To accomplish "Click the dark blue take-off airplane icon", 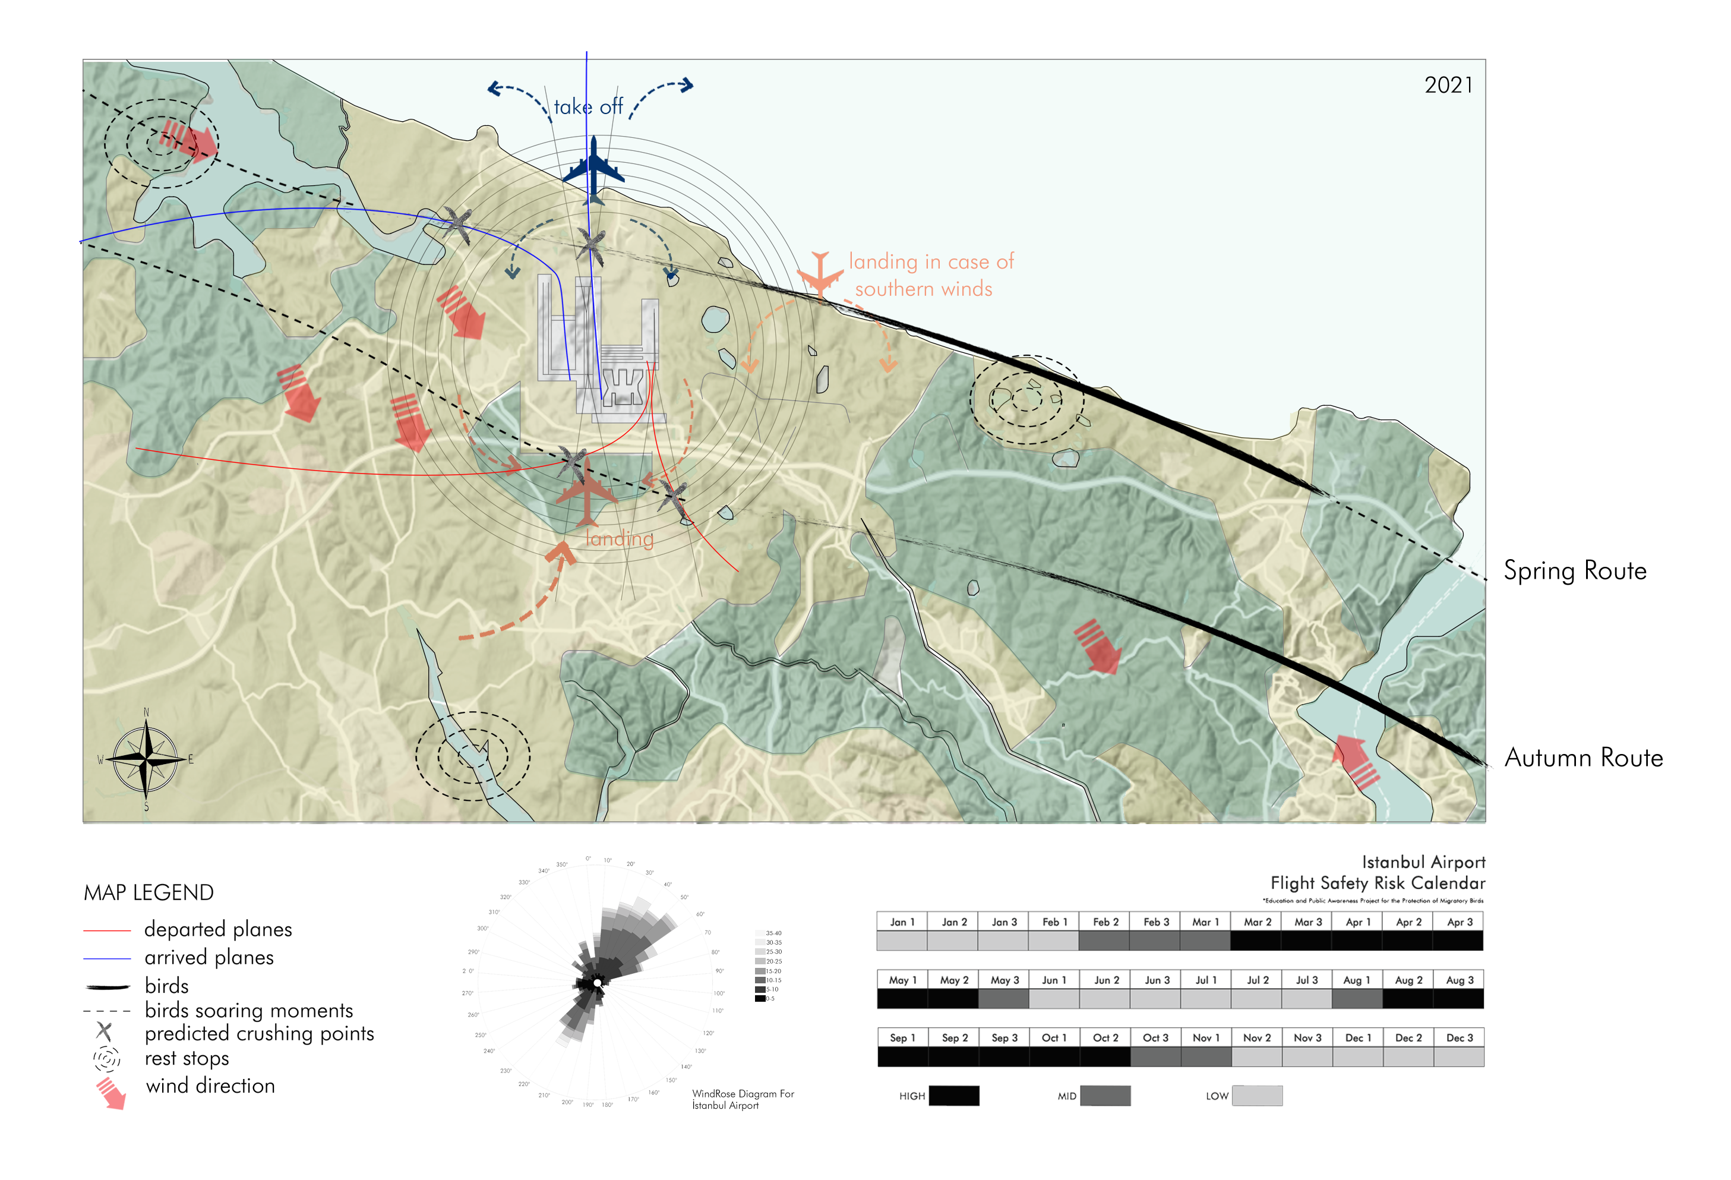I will pyautogui.click(x=593, y=165).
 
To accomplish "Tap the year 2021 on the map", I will pyautogui.click(x=1448, y=85).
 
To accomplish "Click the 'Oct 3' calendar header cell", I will pyautogui.click(x=1155, y=1038).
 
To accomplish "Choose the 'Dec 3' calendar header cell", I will pyautogui.click(x=1459, y=1038).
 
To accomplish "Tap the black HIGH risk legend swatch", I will pyautogui.click(x=954, y=1096).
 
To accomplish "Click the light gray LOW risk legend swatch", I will pyautogui.click(x=1258, y=1096).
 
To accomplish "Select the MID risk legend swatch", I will pyautogui.click(x=1105, y=1096).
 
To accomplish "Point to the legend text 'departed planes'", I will pyautogui.click(x=218, y=929).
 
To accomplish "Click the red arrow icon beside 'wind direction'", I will pyautogui.click(x=111, y=1092).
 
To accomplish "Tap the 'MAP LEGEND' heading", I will pyautogui.click(x=149, y=892).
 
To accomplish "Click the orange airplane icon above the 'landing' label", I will pyautogui.click(x=587, y=492).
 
